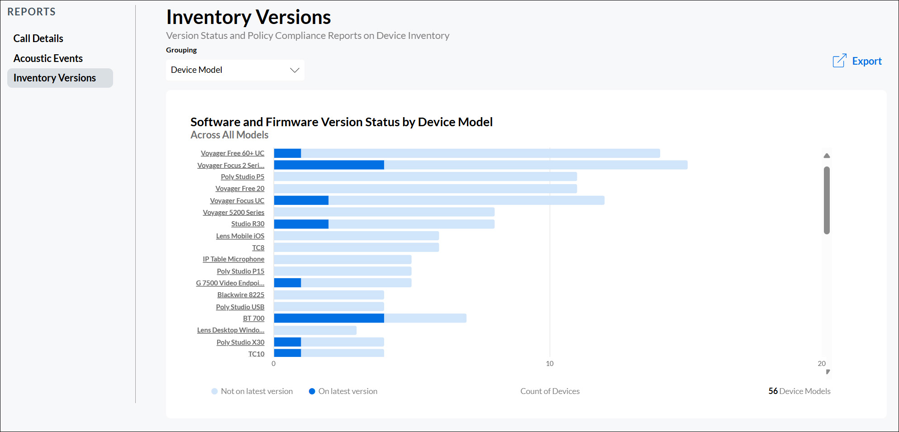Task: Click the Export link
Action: (857, 61)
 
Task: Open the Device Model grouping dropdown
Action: (235, 70)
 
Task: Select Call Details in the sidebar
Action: (38, 38)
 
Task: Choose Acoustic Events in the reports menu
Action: (48, 58)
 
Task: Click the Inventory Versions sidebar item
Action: (55, 78)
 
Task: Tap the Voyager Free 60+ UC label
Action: (233, 153)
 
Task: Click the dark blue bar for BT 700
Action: (329, 318)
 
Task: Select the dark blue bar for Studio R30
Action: (301, 224)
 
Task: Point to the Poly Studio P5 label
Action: (243, 177)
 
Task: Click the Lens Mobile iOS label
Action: (240, 236)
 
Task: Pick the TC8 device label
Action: (258, 248)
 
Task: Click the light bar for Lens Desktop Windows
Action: (315, 330)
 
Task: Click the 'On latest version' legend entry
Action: (343, 391)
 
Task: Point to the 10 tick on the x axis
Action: (550, 364)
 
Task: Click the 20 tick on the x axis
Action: (822, 364)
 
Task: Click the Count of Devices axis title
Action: (550, 391)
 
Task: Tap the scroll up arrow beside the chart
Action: (827, 156)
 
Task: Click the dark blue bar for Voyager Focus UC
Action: (301, 200)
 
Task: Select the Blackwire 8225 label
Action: (241, 295)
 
